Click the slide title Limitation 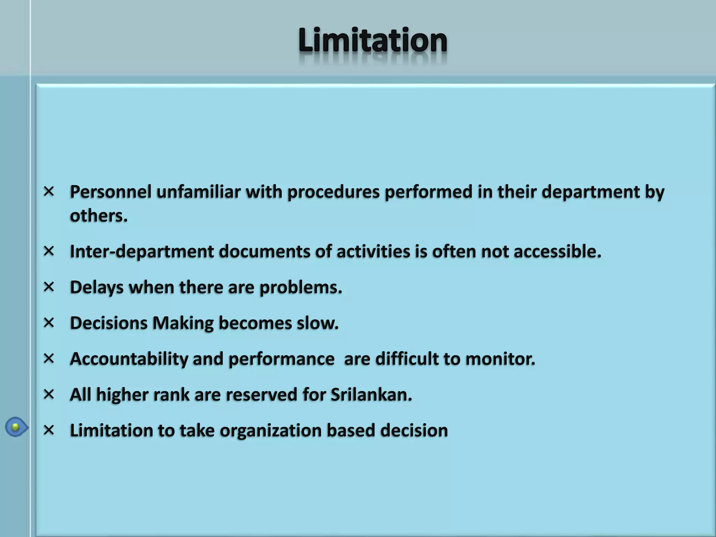click(373, 41)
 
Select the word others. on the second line click(99, 215)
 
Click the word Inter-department click(142, 251)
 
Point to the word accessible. click(557, 251)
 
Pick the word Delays click(97, 287)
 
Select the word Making click(183, 323)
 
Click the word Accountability click(129, 359)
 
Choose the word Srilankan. click(371, 395)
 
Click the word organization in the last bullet click(270, 430)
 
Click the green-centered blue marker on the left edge click(16, 427)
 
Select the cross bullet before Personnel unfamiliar click(49, 191)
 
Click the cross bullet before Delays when click(49, 287)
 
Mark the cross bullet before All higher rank click(49, 394)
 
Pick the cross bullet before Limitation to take click(49, 430)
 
